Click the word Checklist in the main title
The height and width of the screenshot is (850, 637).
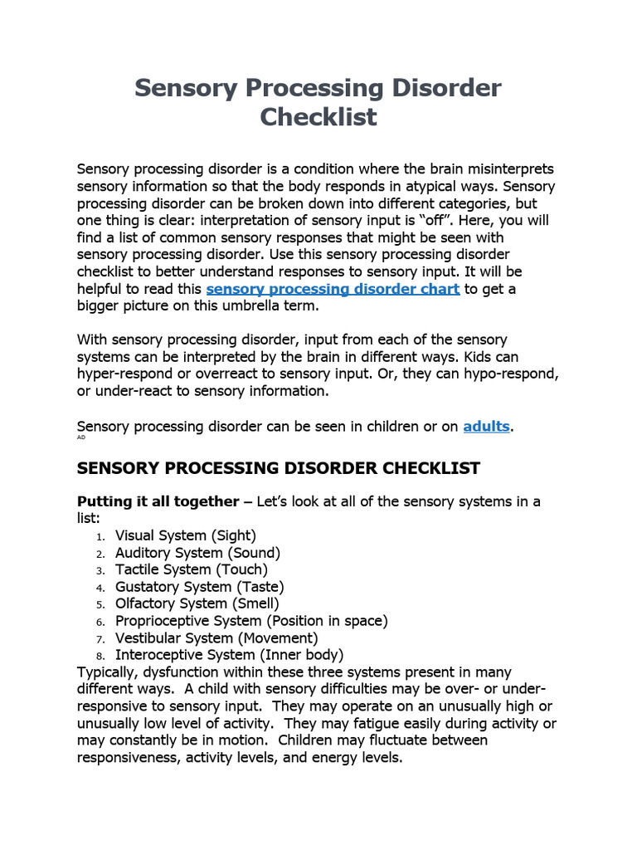click(x=318, y=116)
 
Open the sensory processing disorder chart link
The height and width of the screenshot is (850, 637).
click(x=333, y=289)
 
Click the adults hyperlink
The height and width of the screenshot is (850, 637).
click(x=486, y=426)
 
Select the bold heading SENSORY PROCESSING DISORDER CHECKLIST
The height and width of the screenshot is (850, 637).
click(x=278, y=468)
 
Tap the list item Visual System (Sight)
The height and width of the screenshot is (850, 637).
click(x=185, y=535)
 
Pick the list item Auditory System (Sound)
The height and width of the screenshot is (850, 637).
click(x=197, y=553)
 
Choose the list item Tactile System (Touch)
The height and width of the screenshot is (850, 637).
click(x=191, y=569)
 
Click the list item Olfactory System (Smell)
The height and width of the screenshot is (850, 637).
click(x=197, y=603)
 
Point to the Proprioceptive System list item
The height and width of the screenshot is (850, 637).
click(x=251, y=620)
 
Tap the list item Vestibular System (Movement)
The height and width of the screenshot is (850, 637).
click(x=216, y=637)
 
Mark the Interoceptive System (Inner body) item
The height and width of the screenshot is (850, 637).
click(x=229, y=654)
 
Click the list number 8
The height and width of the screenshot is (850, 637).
click(x=99, y=655)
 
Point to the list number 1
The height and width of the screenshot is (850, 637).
click(x=99, y=536)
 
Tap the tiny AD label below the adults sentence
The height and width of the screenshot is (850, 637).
click(x=81, y=437)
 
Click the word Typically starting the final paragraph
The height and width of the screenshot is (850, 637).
click(x=110, y=672)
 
